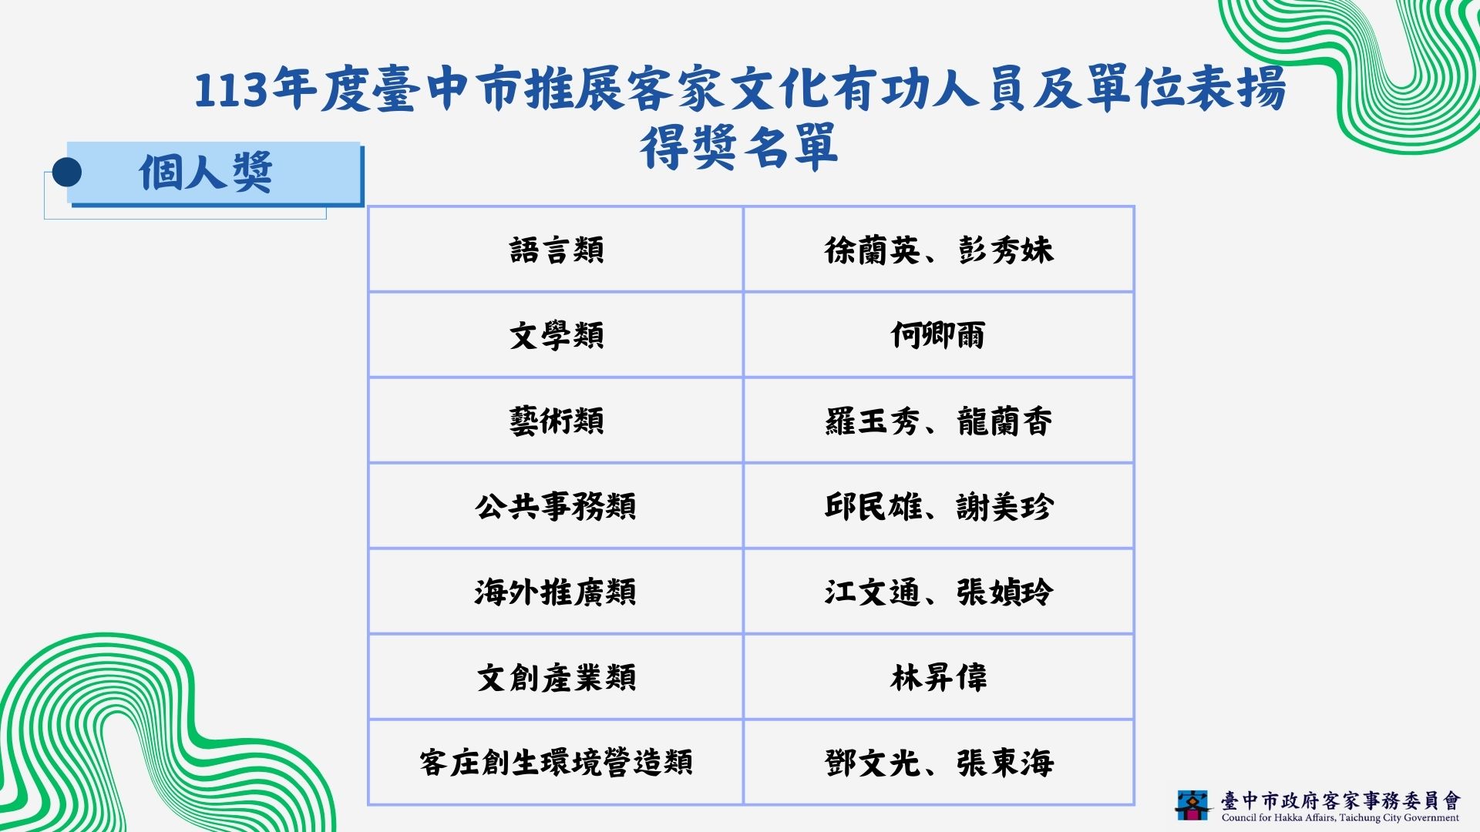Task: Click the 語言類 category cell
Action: point(557,250)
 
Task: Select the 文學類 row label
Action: point(557,336)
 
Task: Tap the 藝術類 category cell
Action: point(557,421)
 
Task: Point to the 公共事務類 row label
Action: point(556,507)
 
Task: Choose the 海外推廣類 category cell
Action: point(556,592)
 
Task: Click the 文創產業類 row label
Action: point(556,678)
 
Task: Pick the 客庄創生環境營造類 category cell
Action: point(556,763)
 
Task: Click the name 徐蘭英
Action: point(872,250)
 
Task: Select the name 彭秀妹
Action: point(1005,250)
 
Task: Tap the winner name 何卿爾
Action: point(938,336)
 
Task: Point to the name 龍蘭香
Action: point(1005,421)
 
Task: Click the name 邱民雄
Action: point(872,507)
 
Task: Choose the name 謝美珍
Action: point(1005,507)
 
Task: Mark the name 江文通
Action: point(872,592)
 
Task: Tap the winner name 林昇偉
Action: point(938,678)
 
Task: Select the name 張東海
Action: point(1005,763)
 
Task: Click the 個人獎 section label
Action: point(206,172)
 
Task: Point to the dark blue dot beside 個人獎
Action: point(67,172)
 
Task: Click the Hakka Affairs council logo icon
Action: point(1193,805)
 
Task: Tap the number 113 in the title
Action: point(230,91)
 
